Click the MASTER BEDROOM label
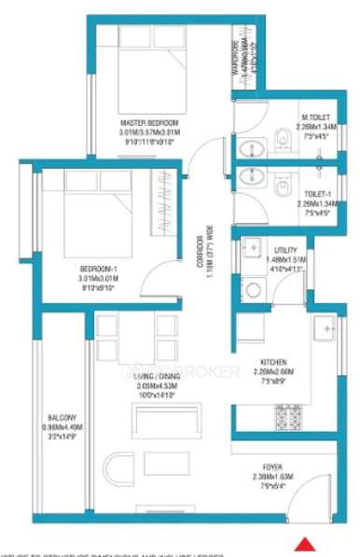point(149,123)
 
